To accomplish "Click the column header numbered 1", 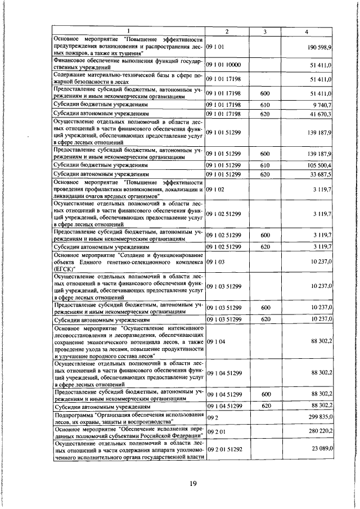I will tap(128, 31).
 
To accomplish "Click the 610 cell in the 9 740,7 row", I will tap(265, 105).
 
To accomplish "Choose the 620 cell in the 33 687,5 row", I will tap(265, 174).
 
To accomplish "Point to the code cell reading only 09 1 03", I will tap(215, 263).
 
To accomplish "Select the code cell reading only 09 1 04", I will tap(215, 341).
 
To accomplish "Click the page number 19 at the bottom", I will tap(193, 484).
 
